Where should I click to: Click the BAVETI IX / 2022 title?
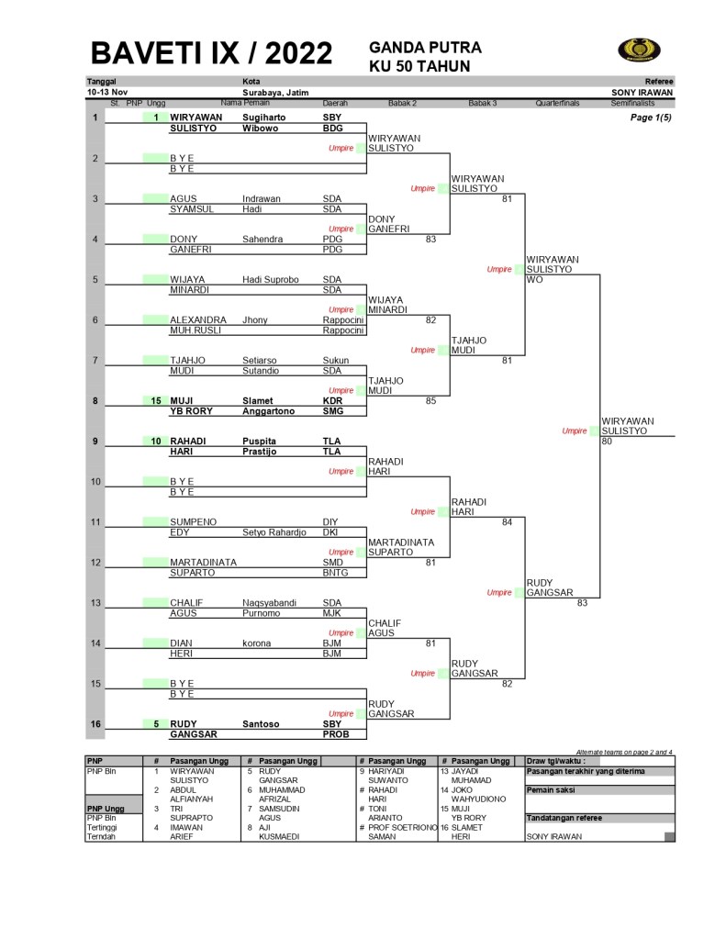tap(211, 53)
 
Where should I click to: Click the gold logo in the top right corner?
tap(639, 50)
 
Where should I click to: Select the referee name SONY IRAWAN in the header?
tap(642, 93)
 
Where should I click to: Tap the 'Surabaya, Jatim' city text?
tap(275, 93)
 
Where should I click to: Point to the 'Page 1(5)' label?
tap(651, 117)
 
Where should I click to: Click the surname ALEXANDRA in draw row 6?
tap(198, 319)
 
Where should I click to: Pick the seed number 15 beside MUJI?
tap(156, 400)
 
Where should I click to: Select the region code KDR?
tap(333, 400)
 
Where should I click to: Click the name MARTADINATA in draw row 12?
tap(204, 562)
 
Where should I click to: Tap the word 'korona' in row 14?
tap(257, 643)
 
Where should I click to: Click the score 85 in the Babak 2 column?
tap(430, 400)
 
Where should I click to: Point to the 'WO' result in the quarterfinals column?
tap(534, 279)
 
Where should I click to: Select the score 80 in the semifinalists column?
tap(607, 441)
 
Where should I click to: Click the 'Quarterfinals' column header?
tap(558, 104)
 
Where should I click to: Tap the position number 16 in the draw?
tap(95, 723)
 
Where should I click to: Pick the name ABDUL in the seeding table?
tap(183, 789)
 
